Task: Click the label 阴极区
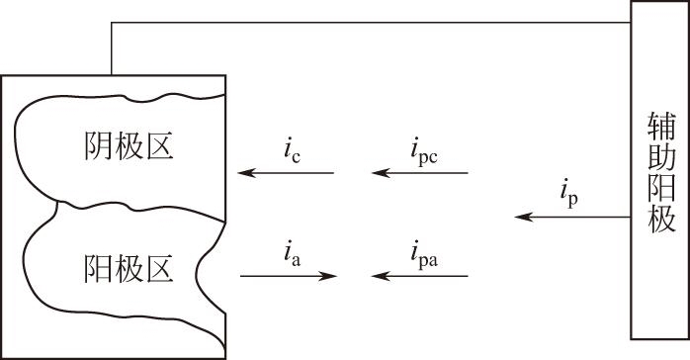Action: coord(129,145)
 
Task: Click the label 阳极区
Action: coord(129,268)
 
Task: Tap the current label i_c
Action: coord(293,153)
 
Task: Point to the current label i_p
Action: coord(569,196)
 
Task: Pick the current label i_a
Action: coord(293,256)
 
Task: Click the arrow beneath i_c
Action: coord(286,172)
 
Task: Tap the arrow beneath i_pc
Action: coord(420,172)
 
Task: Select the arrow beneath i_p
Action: coord(573,217)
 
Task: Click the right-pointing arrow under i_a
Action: coord(289,276)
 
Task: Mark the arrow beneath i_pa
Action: coord(420,276)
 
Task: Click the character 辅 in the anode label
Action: coord(661,126)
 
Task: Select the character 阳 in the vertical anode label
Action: coord(661,188)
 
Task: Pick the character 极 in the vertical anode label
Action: coord(661,219)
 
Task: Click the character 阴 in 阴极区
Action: coord(98,145)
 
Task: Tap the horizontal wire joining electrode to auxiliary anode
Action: coord(372,22)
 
